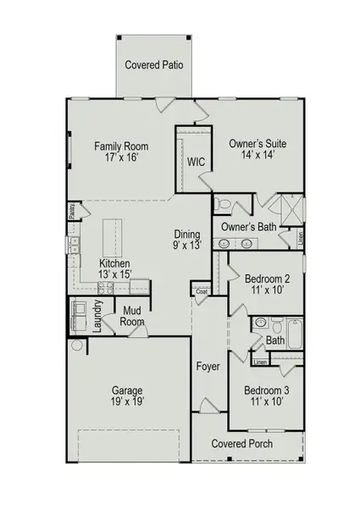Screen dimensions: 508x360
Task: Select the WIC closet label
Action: pos(196,161)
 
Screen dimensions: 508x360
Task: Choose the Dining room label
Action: pos(187,235)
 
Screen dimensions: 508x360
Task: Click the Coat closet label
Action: pos(202,292)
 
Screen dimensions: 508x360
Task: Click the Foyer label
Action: pos(208,367)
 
